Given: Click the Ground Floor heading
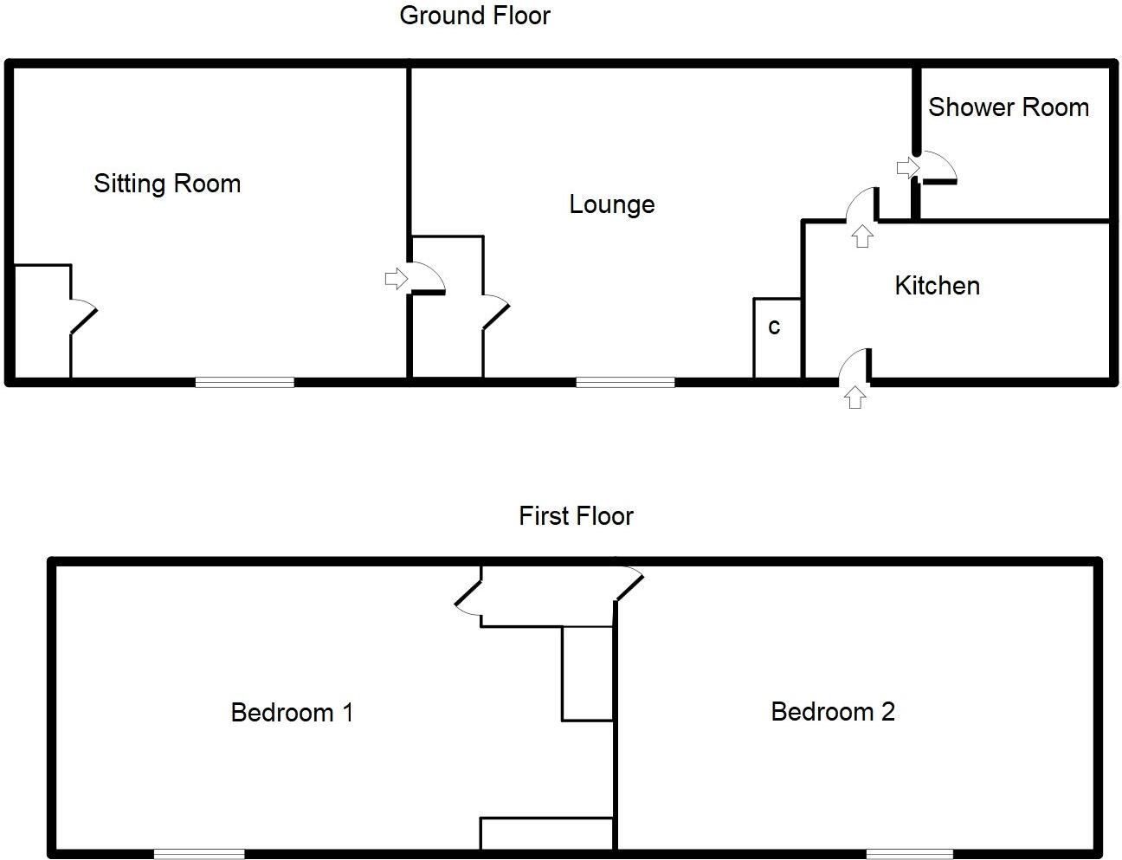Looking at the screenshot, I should (474, 16).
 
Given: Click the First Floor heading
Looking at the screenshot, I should (576, 516).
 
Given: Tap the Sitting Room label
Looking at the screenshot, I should (167, 184).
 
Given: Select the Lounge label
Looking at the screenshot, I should (611, 204).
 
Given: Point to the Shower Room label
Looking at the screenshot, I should (1008, 107).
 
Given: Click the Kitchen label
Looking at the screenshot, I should (937, 286).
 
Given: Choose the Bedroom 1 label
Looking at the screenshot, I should (292, 713).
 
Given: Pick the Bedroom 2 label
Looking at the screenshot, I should (832, 712).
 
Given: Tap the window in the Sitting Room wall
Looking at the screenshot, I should (245, 381).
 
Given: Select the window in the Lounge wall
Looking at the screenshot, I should (625, 381).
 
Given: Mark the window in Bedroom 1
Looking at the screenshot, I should (199, 854).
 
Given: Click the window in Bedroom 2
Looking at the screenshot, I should (909, 854).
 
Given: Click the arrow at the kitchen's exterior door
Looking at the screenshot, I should (854, 398).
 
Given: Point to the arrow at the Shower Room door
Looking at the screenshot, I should (906, 166).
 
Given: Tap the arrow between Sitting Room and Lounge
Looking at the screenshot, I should (396, 279).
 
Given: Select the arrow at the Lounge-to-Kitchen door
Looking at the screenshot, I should (861, 236).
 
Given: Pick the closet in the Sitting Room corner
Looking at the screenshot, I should (42, 321).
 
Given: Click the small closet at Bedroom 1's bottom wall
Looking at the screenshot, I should (546, 834).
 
